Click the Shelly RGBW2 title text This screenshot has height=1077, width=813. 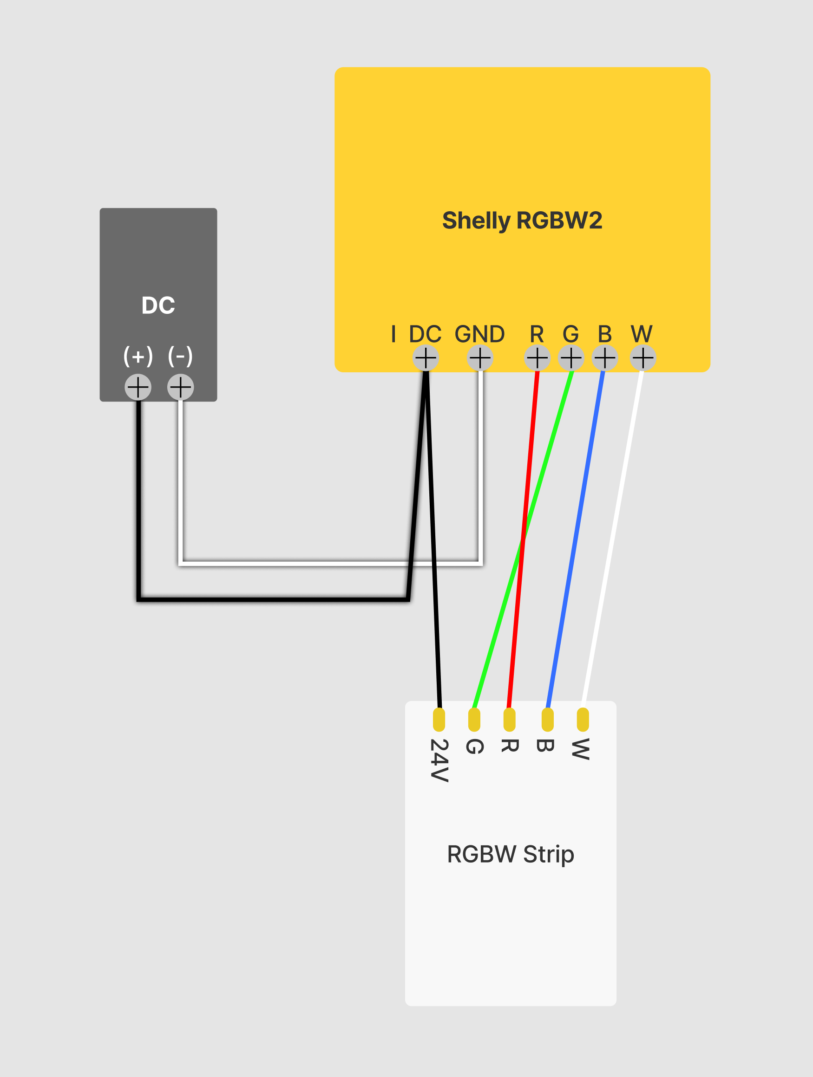522,220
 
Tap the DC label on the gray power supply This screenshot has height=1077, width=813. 158,305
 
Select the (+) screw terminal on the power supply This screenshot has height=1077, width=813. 138,387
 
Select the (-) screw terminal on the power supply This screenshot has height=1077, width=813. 180,387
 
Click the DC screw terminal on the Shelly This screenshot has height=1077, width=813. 425,358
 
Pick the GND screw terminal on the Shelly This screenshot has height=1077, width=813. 480,358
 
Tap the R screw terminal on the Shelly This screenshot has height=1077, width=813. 538,358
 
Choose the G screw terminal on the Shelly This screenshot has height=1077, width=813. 571,358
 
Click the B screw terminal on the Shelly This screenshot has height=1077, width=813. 604,358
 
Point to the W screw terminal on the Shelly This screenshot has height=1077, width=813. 643,358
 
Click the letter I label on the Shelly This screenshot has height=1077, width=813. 393,334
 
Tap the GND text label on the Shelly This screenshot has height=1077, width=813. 480,334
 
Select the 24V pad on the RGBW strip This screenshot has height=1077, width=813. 439,720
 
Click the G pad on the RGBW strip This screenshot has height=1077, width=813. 474,720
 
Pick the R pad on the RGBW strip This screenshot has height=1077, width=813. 510,720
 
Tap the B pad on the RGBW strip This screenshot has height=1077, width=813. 548,720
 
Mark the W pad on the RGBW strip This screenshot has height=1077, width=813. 583,720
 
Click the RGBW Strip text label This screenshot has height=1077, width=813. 511,854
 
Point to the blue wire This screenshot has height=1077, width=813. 576,536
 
